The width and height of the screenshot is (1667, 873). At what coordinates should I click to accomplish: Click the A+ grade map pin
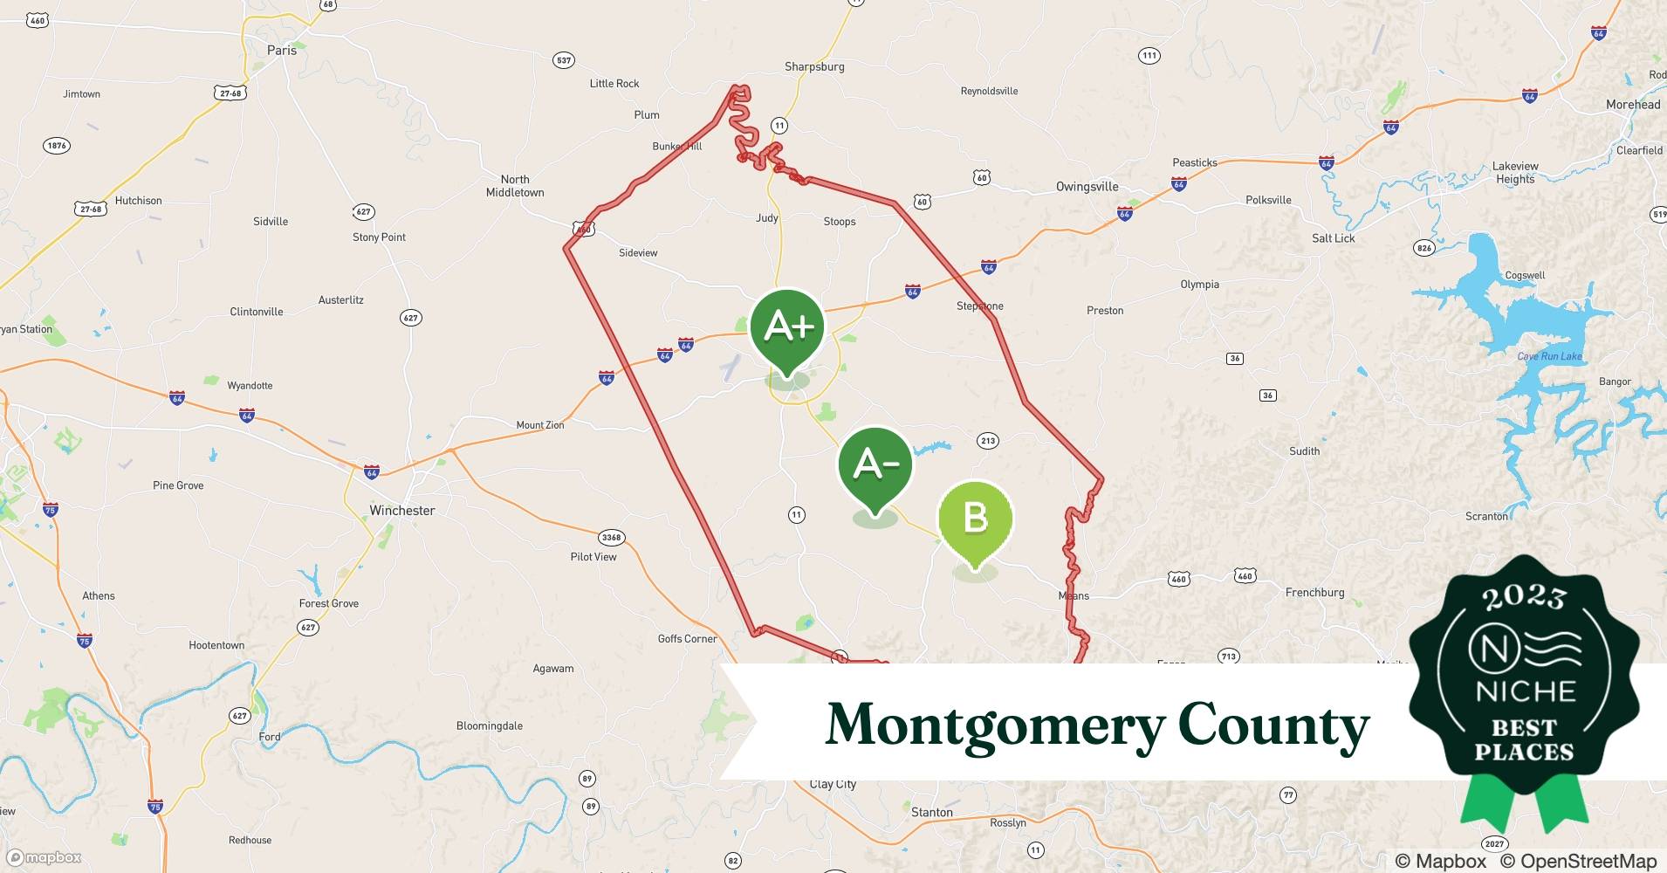787,329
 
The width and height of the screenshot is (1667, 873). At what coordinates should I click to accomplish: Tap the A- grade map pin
875,465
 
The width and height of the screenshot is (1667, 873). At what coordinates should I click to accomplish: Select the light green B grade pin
975,519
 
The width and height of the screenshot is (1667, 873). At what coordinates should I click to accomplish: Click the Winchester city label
401,511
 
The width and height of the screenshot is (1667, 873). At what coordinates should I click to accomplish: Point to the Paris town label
282,51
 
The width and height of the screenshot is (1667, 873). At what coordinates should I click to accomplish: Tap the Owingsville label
1087,187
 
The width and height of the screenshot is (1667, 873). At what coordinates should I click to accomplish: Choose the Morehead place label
1632,105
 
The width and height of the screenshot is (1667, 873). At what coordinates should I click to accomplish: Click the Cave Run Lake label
1549,356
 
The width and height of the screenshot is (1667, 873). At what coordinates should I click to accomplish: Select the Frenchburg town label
1314,593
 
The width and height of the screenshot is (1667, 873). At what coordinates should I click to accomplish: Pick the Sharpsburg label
814,67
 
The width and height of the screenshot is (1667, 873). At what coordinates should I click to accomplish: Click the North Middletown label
515,186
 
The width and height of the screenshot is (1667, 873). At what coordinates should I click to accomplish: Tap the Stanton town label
931,813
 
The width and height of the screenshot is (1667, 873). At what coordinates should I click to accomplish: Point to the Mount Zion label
540,425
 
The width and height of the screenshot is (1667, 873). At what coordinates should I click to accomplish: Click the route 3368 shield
611,538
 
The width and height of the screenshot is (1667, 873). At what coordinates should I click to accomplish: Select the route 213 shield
988,441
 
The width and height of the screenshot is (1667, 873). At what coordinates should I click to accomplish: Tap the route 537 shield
564,60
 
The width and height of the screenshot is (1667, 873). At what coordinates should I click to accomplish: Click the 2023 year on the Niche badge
1524,598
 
